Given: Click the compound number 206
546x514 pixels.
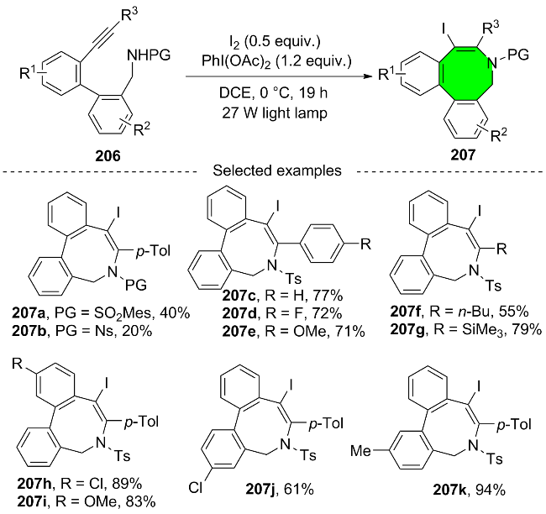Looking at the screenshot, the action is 108,155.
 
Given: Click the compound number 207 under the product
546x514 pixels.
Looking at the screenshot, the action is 463,155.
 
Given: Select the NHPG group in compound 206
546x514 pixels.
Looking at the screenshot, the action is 149,55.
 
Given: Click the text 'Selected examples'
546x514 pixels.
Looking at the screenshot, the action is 277,170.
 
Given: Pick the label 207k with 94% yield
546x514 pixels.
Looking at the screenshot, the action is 470,490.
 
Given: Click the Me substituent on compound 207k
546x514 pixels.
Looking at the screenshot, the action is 360,451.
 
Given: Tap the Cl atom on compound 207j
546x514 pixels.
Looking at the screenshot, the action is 196,487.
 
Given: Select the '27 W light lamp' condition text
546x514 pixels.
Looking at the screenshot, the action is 275,113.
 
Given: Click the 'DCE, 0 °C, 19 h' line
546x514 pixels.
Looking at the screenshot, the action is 273,92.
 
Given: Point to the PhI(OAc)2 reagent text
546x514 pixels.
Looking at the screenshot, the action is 276,62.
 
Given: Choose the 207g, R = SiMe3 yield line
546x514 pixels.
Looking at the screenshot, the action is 466,328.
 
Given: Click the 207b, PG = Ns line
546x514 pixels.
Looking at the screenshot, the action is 81,330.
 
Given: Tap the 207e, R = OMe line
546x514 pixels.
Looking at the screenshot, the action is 293,331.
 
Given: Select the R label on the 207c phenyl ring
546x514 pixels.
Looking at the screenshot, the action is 365,244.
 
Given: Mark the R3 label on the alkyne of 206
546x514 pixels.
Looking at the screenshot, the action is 129,14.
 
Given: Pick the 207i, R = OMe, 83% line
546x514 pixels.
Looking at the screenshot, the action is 87,501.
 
